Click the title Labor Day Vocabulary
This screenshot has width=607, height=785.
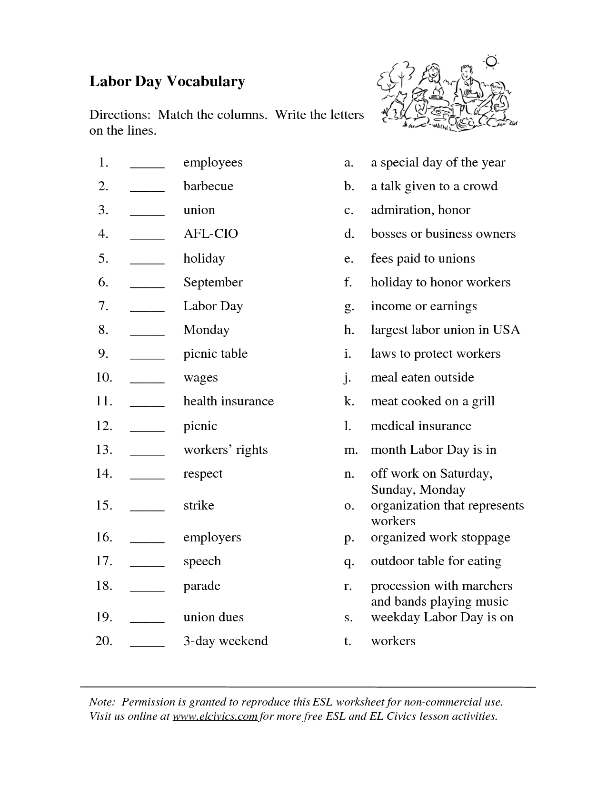click(167, 81)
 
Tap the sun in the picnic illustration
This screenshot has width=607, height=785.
click(491, 61)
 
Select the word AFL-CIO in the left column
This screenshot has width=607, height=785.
click(210, 234)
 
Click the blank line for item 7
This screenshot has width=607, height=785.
click(147, 309)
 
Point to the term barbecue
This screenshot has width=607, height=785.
click(209, 186)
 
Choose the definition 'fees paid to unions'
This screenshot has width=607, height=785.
click(423, 258)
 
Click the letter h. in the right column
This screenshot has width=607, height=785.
click(349, 330)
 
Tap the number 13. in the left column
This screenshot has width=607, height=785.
click(104, 450)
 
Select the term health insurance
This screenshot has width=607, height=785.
click(229, 401)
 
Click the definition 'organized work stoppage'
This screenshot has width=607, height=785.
click(440, 537)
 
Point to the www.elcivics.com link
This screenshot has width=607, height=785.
click(215, 716)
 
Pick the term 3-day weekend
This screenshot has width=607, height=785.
click(226, 641)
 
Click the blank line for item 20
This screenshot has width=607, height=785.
click(147, 644)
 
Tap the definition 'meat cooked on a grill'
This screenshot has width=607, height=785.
click(433, 401)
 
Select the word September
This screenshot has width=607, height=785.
click(213, 282)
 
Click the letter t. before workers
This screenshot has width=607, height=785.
click(348, 641)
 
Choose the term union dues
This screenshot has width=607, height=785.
click(213, 617)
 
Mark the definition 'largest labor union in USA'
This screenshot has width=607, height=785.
click(445, 330)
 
